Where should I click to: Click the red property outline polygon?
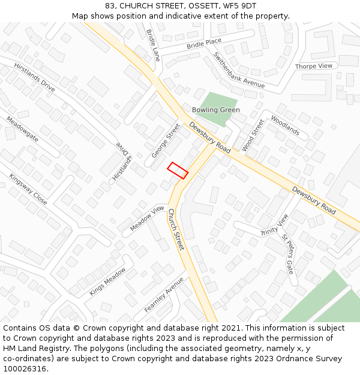pos(178,170)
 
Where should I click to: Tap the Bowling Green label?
pos(215,110)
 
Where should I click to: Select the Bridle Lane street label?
pos(154,45)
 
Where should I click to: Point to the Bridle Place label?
pos(204,44)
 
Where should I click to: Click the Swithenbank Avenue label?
pos(238,70)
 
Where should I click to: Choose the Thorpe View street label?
pos(313,66)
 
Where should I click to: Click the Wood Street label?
pos(253,135)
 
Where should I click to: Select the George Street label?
pos(166,141)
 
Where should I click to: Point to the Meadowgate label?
pos(22,129)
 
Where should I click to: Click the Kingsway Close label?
pos(28,189)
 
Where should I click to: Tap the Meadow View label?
pos(147,218)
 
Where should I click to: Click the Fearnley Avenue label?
pos(164,295)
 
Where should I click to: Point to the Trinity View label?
pos(274,224)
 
